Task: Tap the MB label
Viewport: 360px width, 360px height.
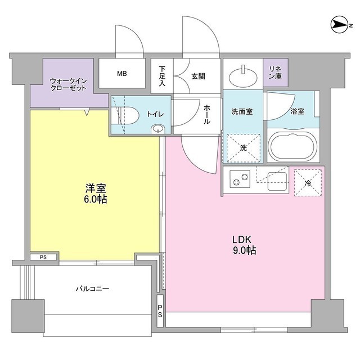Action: (121, 73)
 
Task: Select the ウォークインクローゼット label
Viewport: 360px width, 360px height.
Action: (67, 84)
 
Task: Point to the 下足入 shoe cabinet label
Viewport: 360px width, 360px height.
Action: (162, 73)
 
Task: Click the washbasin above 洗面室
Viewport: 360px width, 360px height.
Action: (244, 73)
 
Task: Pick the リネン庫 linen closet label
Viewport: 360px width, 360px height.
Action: (275, 72)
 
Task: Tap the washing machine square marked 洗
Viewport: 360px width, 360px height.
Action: (242, 148)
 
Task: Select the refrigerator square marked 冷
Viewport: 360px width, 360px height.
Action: (307, 182)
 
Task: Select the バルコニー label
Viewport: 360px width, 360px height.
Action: (92, 289)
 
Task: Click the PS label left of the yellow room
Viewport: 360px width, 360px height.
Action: (43, 258)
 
